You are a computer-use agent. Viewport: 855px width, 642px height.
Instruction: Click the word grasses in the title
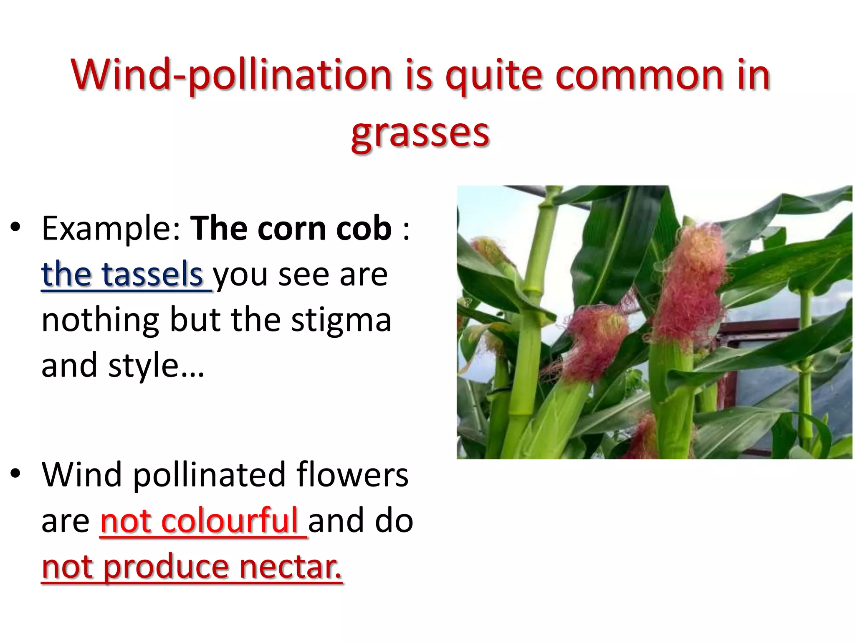(x=420, y=133)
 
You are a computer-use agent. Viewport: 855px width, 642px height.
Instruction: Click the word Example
(x=111, y=229)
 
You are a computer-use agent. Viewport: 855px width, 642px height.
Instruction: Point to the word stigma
(x=341, y=320)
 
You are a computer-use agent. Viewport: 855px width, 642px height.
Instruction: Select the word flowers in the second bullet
(x=352, y=475)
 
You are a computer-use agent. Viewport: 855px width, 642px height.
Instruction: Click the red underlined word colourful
(x=230, y=521)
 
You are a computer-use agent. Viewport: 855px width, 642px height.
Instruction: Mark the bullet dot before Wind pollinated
(x=15, y=474)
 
